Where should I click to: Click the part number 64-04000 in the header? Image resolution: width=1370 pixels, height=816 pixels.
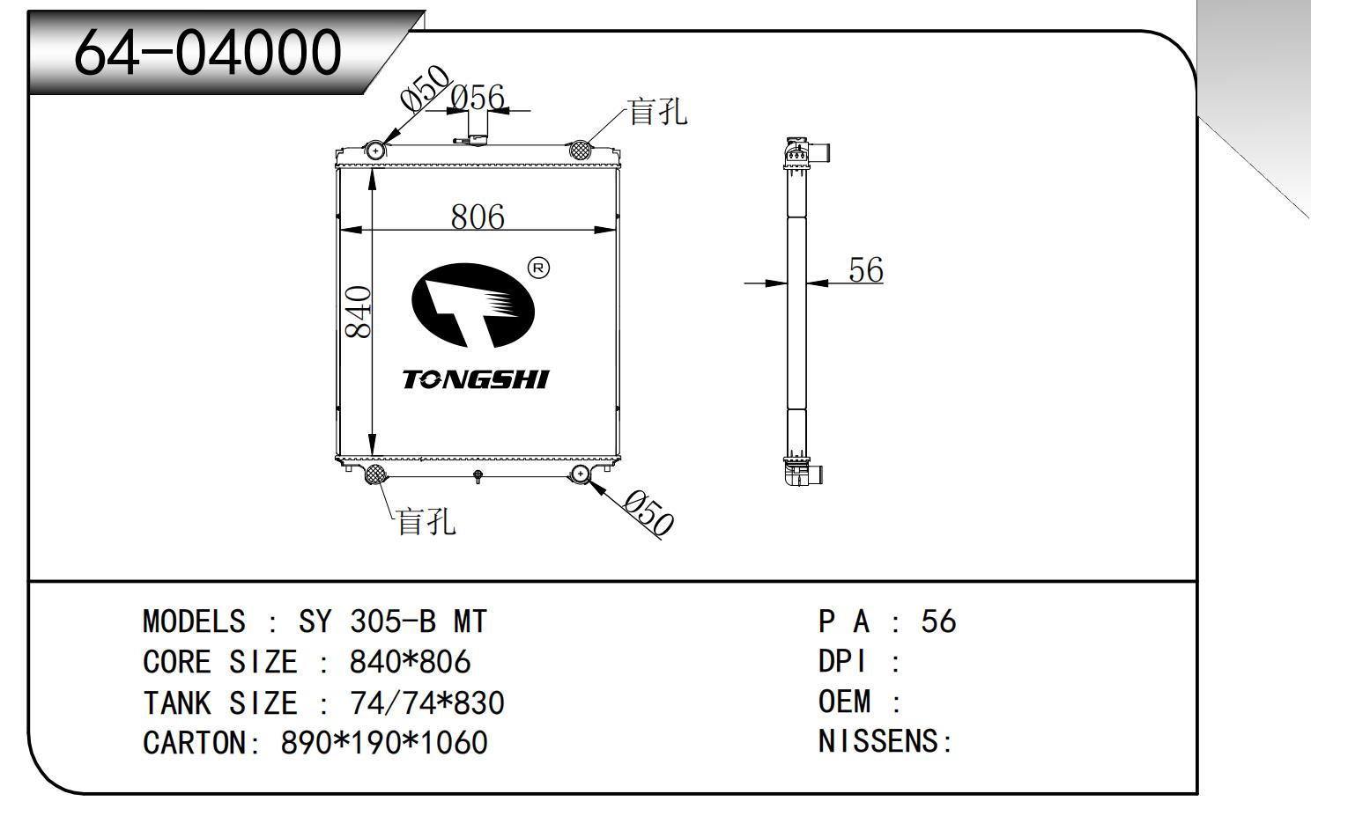pyautogui.click(x=207, y=51)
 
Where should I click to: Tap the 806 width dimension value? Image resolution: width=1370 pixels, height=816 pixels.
pyautogui.click(x=478, y=217)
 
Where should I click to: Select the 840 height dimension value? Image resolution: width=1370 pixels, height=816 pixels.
pyautogui.click(x=358, y=312)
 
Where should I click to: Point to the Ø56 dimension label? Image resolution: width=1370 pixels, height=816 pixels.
pyautogui.click(x=478, y=98)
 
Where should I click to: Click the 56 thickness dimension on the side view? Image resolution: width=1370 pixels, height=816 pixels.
pyautogui.click(x=865, y=270)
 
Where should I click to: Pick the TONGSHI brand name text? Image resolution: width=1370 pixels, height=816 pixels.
pyautogui.click(x=475, y=379)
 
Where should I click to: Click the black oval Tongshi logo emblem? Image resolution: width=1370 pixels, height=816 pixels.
pyautogui.click(x=474, y=305)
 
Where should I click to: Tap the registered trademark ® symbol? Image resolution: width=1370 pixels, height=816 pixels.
pyautogui.click(x=537, y=268)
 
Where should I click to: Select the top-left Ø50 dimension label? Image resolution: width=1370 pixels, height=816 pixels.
pyautogui.click(x=425, y=88)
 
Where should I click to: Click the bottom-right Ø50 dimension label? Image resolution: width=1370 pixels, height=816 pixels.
pyautogui.click(x=648, y=512)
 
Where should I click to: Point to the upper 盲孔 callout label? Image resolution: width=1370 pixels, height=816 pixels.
pyautogui.click(x=656, y=112)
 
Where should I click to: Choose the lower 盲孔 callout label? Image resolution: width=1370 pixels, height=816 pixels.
pyautogui.click(x=426, y=521)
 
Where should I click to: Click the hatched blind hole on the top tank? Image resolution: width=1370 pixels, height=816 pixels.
pyautogui.click(x=580, y=150)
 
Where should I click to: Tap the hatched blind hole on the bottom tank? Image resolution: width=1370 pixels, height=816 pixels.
pyautogui.click(x=375, y=475)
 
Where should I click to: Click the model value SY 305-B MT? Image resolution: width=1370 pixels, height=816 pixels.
pyautogui.click(x=392, y=622)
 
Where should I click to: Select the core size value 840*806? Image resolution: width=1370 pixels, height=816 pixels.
pyautogui.click(x=410, y=662)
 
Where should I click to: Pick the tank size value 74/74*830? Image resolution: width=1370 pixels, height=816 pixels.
pyautogui.click(x=426, y=702)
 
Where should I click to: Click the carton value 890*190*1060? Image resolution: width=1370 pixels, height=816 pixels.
pyautogui.click(x=384, y=743)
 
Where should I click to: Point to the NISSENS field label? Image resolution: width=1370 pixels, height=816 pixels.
pyautogui.click(x=884, y=742)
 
